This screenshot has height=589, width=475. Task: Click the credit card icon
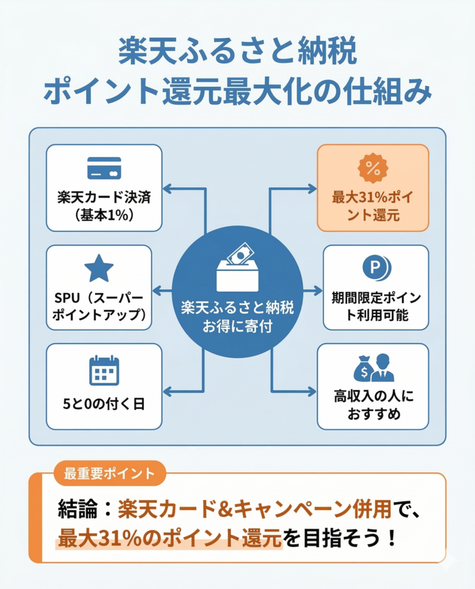[x=104, y=168]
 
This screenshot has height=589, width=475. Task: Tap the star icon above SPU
[x=99, y=269]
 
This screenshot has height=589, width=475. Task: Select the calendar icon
[x=104, y=370]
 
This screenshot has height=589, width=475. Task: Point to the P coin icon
[x=376, y=268]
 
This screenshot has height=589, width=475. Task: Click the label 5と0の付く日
[x=104, y=404]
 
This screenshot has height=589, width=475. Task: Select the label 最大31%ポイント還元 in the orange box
[x=373, y=206]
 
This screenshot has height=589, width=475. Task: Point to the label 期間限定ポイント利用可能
[x=376, y=306]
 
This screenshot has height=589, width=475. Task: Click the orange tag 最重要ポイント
[x=101, y=473]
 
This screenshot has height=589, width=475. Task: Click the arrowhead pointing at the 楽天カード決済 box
[x=168, y=189]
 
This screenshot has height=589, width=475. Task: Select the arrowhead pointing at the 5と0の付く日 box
[x=168, y=392]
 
